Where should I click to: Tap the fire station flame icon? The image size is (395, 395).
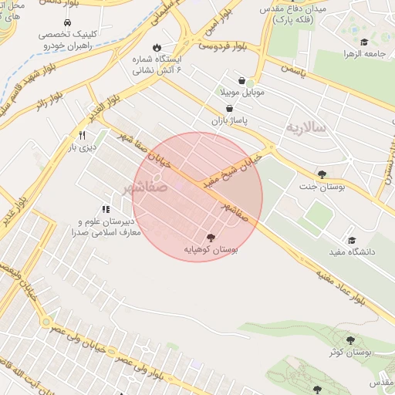(158, 46)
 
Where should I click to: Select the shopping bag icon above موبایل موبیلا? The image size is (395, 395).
(242, 80)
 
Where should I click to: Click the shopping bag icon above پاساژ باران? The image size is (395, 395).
(230, 109)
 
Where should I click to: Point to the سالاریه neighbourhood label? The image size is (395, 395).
(306, 126)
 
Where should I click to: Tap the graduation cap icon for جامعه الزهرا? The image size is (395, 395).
(363, 42)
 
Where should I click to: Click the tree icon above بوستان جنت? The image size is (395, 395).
(322, 174)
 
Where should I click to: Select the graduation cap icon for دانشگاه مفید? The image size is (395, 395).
(353, 240)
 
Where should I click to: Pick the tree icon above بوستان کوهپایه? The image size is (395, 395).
(211, 238)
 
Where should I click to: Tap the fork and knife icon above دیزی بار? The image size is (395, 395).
(81, 134)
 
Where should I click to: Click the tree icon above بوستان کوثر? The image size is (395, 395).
(350, 339)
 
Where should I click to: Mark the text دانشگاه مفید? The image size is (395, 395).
(351, 252)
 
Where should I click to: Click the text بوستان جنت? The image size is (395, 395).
(320, 187)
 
